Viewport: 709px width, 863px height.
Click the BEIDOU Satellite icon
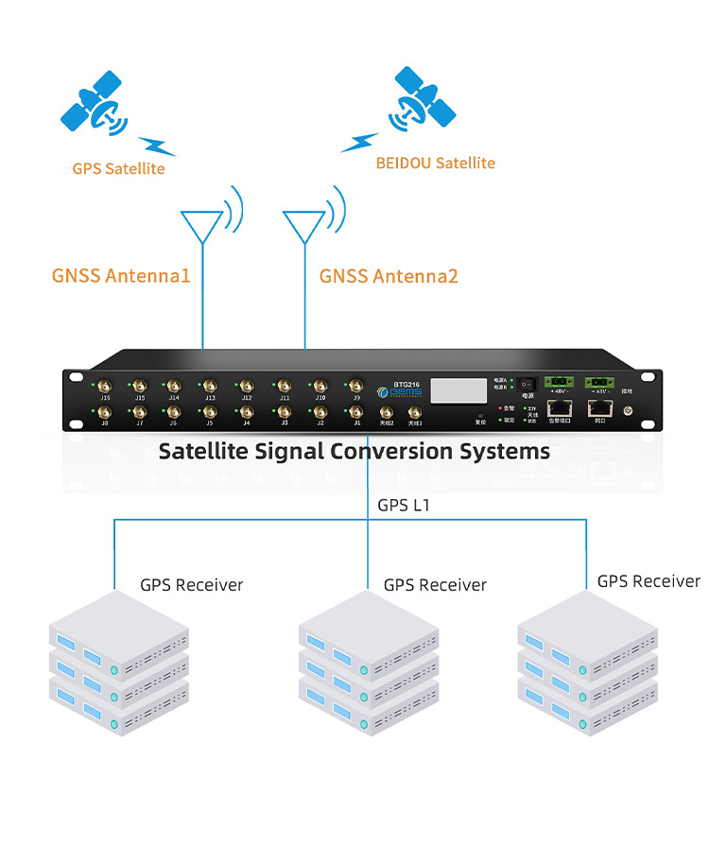423,99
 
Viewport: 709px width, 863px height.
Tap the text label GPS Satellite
118,169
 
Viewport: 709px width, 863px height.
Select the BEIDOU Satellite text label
435,163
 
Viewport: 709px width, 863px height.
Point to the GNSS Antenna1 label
121,276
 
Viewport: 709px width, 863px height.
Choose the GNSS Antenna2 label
389,276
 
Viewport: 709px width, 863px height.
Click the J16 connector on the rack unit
104,386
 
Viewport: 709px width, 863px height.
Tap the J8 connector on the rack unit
104,413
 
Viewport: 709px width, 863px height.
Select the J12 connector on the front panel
247,386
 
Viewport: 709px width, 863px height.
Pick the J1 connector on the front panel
356,413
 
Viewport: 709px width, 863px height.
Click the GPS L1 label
404,506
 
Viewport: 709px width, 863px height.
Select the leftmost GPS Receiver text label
191,585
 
